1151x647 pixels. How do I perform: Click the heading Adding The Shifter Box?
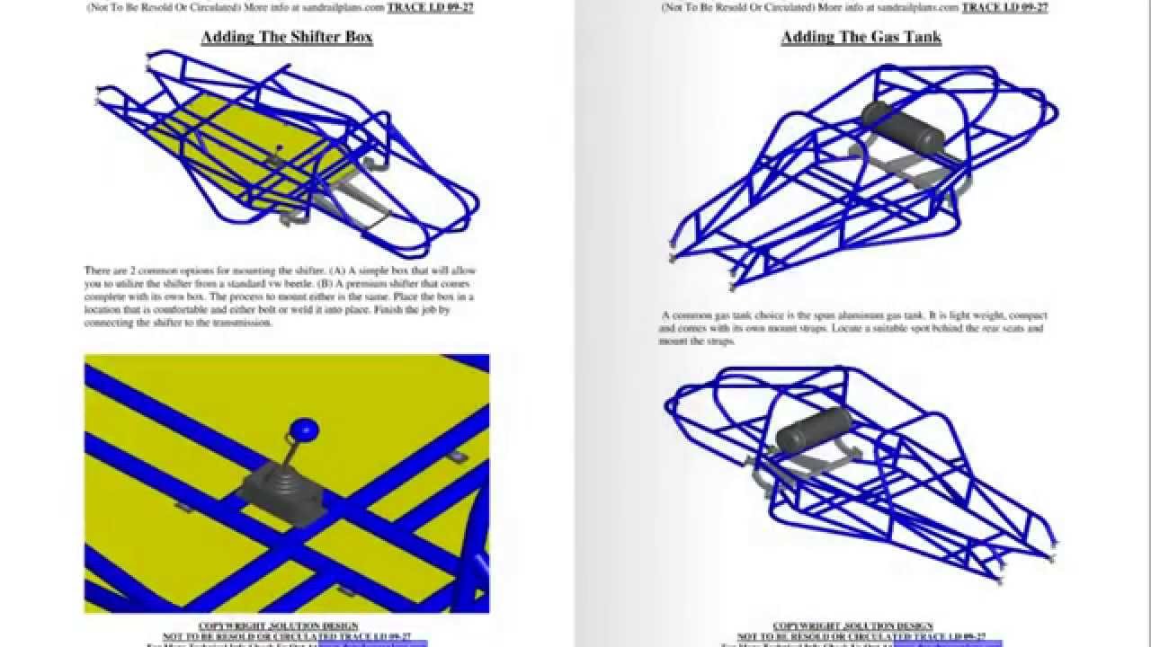click(x=286, y=37)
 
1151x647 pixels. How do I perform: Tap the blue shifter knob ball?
click(x=308, y=430)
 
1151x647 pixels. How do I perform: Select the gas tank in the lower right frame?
click(x=815, y=430)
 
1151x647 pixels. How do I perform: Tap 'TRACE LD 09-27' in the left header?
click(x=430, y=7)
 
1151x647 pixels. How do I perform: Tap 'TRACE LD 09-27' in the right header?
click(x=1004, y=7)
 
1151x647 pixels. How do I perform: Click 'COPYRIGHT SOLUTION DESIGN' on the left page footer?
click(x=278, y=625)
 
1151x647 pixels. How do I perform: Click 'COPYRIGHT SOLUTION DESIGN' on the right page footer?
click(x=852, y=625)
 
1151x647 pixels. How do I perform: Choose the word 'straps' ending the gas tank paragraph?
click(x=720, y=341)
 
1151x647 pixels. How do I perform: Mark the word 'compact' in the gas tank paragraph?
click(x=1026, y=315)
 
